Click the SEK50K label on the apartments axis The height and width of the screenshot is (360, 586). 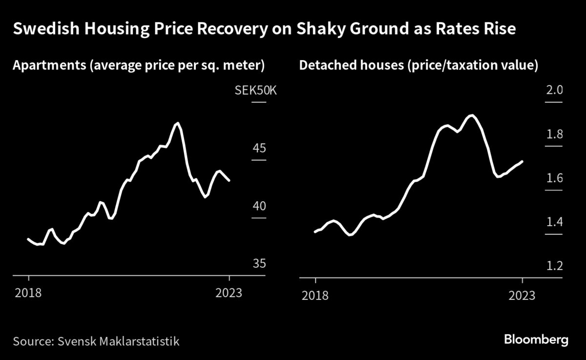click(255, 91)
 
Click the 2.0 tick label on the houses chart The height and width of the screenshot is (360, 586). click(554, 90)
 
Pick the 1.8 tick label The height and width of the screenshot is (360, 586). click(554, 134)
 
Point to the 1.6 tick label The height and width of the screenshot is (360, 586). click(554, 178)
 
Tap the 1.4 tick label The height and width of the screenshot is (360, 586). click(554, 222)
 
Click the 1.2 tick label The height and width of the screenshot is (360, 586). click(554, 266)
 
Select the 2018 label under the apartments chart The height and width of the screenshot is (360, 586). click(28, 294)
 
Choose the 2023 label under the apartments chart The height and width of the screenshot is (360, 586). click(229, 294)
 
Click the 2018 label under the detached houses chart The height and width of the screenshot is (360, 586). click(315, 296)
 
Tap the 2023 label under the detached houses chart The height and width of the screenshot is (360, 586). click(522, 296)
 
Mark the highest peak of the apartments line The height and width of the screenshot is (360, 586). click(177, 123)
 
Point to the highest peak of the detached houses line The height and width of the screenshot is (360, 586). click(471, 115)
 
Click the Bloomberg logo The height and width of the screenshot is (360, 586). click(536, 339)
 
